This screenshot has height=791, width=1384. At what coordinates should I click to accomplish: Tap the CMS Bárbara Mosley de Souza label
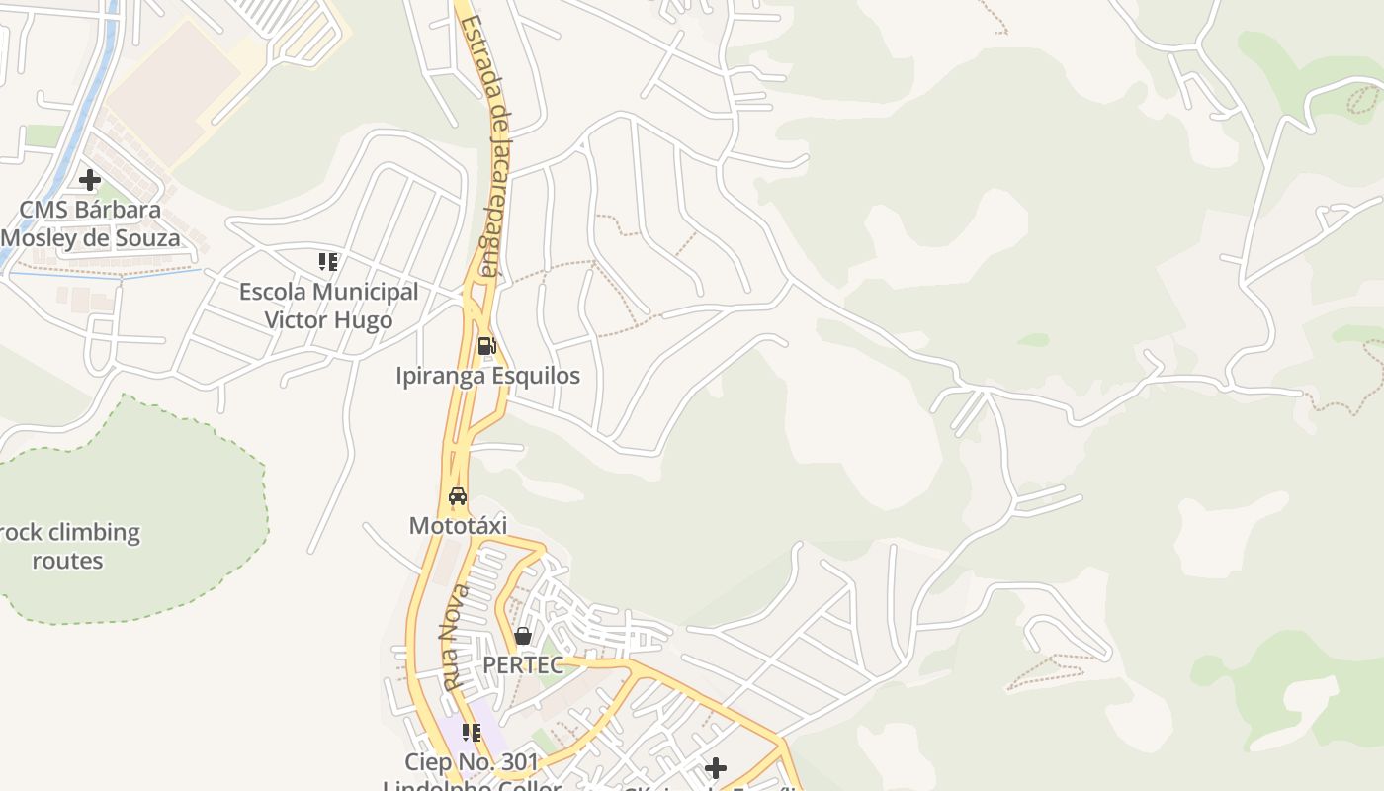90,224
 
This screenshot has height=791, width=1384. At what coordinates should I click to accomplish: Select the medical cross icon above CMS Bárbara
90,180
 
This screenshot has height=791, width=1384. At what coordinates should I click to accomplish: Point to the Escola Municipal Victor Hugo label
328,306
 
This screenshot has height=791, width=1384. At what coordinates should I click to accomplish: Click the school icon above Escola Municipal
328,262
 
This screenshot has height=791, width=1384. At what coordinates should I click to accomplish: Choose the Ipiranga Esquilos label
487,376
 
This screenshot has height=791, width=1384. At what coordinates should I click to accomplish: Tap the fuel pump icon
486,346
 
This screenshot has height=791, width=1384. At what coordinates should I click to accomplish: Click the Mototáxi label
458,525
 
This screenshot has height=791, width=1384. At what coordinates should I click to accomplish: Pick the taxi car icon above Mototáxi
458,496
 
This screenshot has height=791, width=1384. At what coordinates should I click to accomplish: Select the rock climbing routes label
68,546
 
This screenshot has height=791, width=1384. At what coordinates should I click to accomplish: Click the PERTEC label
523,665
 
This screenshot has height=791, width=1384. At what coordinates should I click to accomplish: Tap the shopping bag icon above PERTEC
523,636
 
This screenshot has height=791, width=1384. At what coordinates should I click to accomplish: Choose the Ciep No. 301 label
473,762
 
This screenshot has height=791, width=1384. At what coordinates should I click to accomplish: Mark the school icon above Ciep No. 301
472,733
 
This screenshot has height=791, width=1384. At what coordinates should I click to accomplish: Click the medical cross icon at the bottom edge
716,768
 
